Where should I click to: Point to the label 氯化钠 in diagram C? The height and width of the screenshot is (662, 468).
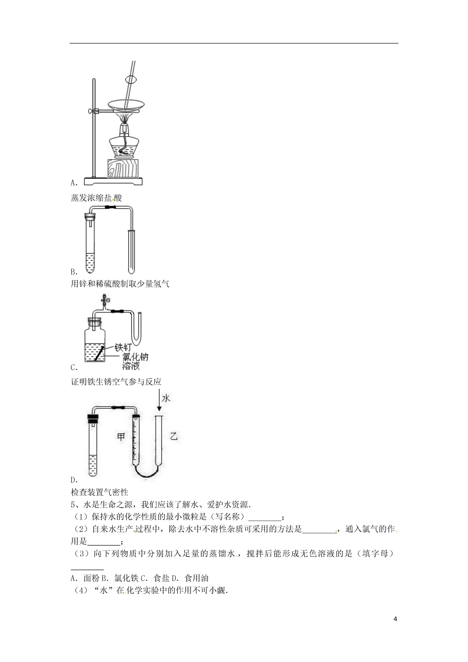click(x=135, y=357)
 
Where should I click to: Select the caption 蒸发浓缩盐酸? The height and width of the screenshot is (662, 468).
click(x=96, y=198)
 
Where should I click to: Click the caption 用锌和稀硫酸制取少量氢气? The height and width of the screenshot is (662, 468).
click(x=120, y=284)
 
